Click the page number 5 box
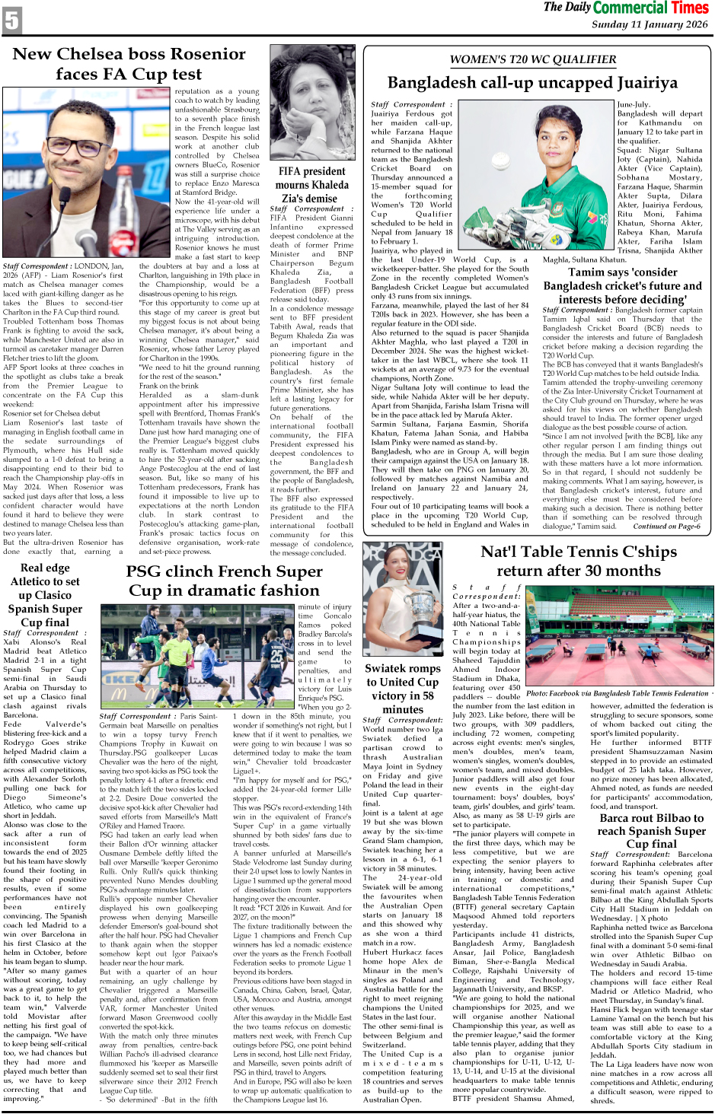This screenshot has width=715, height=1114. click(x=11, y=20)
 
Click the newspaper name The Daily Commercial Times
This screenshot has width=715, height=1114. click(x=626, y=8)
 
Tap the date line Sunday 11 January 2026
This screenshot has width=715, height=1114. click(x=650, y=24)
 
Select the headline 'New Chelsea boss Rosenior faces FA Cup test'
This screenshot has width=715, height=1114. click(x=129, y=64)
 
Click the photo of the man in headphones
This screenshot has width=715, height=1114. click(x=88, y=174)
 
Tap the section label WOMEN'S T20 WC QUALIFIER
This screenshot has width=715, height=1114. click(x=533, y=59)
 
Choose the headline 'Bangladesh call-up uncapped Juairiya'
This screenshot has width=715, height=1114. click(x=532, y=82)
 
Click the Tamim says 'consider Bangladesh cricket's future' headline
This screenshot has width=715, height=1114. click(x=622, y=285)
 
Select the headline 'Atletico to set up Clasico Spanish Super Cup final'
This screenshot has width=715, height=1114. click(x=45, y=601)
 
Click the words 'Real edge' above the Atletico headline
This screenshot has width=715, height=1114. click(x=45, y=568)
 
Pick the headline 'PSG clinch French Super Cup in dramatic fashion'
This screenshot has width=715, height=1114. click(x=225, y=581)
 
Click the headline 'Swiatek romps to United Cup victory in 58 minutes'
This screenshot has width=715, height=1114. click(x=403, y=688)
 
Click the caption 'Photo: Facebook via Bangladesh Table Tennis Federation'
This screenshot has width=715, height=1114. click(x=618, y=693)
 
